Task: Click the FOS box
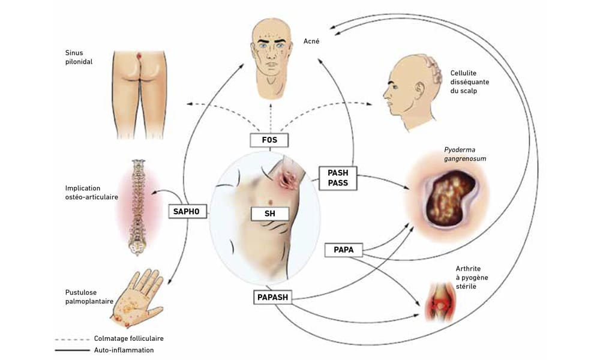(269, 140)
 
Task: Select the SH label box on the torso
(270, 214)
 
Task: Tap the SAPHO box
(188, 212)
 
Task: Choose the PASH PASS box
(338, 178)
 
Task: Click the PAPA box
(343, 250)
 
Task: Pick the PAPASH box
(273, 297)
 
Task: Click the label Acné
(311, 41)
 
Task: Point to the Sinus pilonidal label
(79, 57)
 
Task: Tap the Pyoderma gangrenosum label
(466, 154)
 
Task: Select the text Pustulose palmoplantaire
(89, 297)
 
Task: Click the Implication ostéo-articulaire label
(91, 193)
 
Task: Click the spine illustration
(137, 207)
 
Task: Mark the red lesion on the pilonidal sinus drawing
(139, 56)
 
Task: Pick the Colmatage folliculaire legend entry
(109, 338)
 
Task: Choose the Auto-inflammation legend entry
(104, 350)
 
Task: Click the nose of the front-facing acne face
(271, 53)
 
